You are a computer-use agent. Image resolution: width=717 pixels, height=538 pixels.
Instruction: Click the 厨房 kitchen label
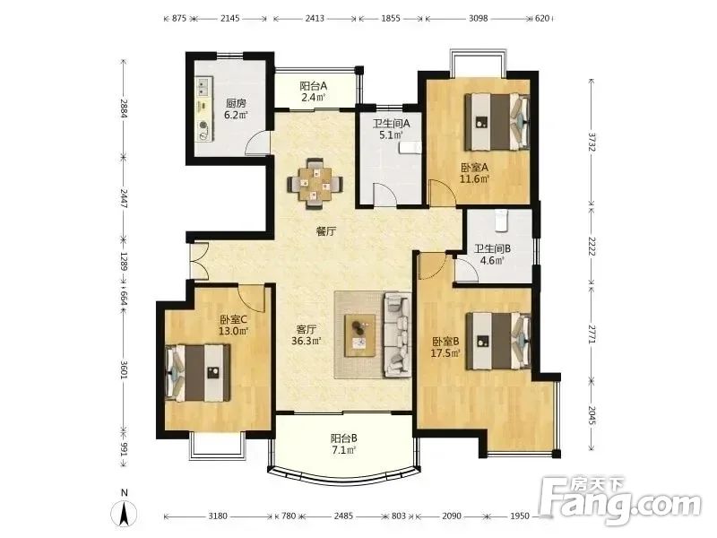click(236, 103)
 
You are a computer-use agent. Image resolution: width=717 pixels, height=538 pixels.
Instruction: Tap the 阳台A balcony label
click(314, 86)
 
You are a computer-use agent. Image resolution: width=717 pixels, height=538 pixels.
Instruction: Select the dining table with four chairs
click(315, 184)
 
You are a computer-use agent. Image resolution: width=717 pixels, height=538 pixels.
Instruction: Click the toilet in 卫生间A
click(410, 148)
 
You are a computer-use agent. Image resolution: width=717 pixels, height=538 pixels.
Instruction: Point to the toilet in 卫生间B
click(502, 220)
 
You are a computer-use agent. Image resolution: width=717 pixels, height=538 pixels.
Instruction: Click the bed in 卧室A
click(497, 122)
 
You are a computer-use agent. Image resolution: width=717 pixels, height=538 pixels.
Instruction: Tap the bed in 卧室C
click(197, 373)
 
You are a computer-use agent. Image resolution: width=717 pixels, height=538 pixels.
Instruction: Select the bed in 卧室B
click(498, 342)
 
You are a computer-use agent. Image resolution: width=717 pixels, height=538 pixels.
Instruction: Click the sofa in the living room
click(397, 334)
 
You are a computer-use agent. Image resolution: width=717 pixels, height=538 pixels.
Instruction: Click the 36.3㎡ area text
click(307, 341)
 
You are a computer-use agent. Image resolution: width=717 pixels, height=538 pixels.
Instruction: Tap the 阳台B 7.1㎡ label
click(344, 444)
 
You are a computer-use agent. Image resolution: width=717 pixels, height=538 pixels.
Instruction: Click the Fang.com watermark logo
click(619, 501)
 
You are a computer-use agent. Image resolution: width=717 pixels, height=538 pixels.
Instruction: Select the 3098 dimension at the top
click(479, 18)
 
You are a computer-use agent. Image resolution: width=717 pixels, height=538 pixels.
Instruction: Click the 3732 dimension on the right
click(592, 143)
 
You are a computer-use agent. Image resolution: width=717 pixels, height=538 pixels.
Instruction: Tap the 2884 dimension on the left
click(123, 108)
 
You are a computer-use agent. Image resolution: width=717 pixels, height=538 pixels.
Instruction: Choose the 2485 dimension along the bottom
click(343, 516)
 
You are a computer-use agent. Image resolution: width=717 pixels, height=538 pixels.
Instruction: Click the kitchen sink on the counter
click(203, 86)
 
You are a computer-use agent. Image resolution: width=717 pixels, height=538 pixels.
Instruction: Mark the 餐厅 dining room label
click(326, 231)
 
